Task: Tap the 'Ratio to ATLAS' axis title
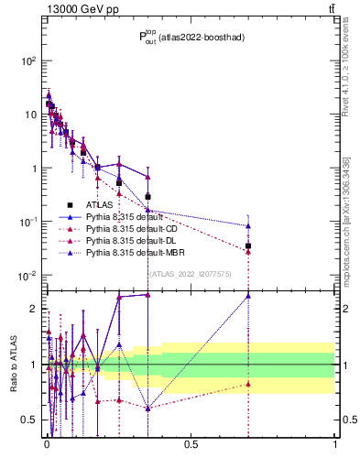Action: click(x=12, y=365)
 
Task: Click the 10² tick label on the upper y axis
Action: click(x=28, y=60)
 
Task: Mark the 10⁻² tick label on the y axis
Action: click(x=28, y=276)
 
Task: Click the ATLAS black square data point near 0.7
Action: click(x=248, y=245)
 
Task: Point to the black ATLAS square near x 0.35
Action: click(x=147, y=196)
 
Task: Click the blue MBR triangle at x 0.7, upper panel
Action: click(x=248, y=225)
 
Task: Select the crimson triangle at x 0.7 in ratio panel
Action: click(x=248, y=384)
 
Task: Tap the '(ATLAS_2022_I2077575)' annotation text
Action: click(x=191, y=273)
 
